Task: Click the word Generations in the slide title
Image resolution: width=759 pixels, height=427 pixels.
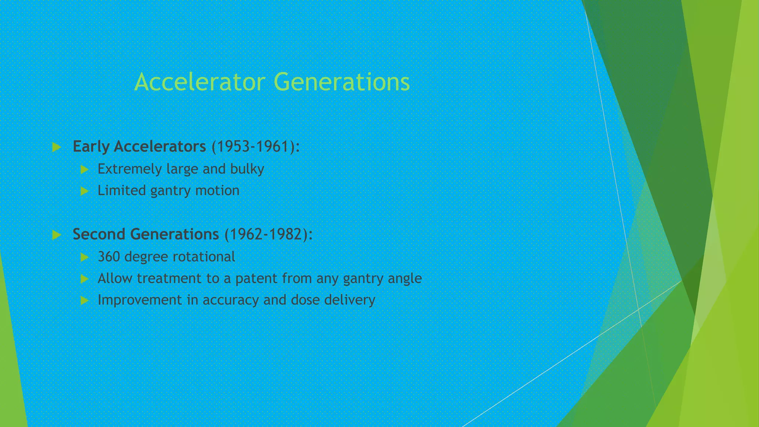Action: pos(342,82)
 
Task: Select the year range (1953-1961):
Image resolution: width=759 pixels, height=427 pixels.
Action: pos(255,146)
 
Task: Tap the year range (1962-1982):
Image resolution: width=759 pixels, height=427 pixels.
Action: pos(268,234)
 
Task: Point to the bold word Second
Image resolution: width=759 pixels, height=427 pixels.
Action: pos(99,234)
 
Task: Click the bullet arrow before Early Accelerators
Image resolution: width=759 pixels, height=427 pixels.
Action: pos(57,147)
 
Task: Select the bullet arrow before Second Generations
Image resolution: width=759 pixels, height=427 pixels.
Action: pos(57,235)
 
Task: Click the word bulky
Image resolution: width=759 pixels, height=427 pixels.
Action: pos(247,169)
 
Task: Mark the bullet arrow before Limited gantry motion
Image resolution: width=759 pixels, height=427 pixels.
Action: pos(84,191)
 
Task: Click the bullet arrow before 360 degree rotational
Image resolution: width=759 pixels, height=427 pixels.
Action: pos(84,257)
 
